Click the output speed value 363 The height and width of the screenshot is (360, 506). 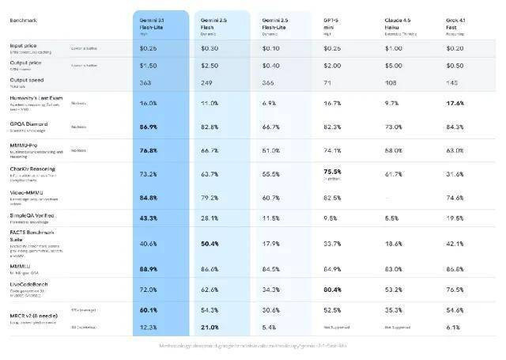[x=145, y=81]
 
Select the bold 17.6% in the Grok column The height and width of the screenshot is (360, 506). [x=455, y=104]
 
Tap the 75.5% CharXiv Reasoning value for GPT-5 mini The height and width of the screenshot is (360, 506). [x=332, y=171]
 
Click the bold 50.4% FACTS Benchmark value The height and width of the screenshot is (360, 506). [x=210, y=244]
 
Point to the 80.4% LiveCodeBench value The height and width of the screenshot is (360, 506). [x=332, y=290]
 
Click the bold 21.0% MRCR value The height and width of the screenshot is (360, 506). [x=208, y=327]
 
